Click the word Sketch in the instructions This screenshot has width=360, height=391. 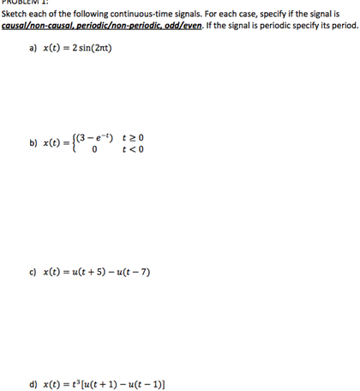[15, 14]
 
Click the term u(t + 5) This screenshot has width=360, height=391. [84, 272]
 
